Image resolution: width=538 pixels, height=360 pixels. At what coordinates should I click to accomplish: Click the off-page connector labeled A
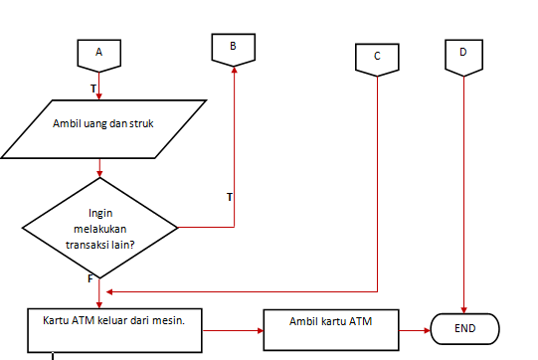point(98,53)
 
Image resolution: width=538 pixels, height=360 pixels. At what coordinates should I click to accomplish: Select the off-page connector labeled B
point(233,47)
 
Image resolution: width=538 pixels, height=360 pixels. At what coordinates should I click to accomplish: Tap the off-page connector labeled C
point(377,58)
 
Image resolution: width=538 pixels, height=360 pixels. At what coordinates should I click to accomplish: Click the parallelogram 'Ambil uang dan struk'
point(102,127)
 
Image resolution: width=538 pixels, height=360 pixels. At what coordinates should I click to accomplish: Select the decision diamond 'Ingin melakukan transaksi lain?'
point(99,228)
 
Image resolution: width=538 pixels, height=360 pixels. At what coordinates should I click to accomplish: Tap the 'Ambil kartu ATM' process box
point(331,324)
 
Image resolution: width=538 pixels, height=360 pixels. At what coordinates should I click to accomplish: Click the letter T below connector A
point(92,90)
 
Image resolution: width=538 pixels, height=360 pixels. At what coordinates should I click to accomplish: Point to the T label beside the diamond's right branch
point(230,197)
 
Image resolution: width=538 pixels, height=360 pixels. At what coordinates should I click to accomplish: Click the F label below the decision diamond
point(90,278)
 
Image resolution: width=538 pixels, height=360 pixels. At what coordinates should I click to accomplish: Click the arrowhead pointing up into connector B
point(234,70)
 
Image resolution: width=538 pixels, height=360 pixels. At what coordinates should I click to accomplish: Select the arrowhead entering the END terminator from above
point(464,307)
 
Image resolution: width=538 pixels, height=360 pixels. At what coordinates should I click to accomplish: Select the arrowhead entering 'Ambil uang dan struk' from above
point(98,96)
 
